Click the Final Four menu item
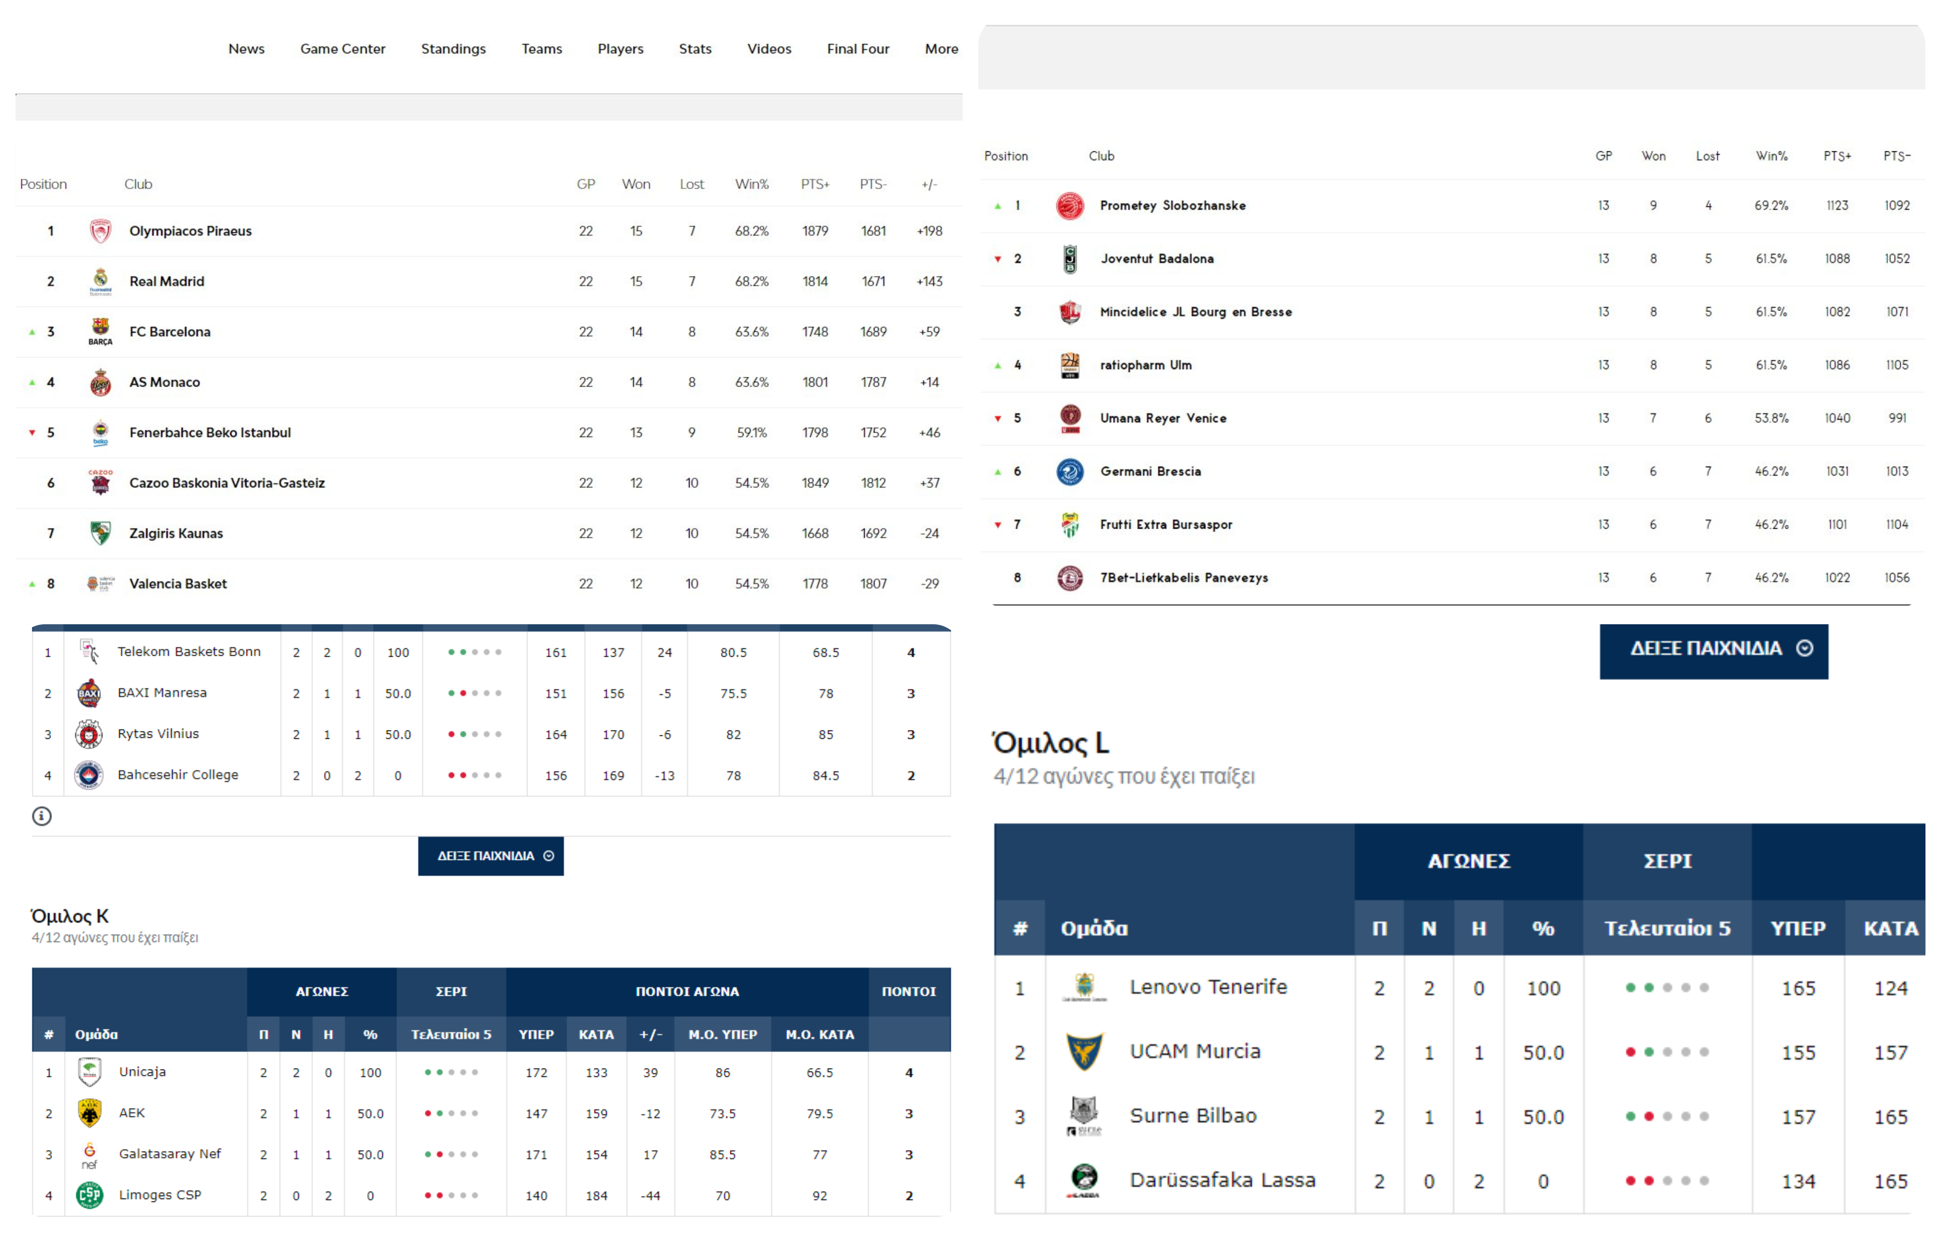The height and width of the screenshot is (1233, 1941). pyautogui.click(x=857, y=49)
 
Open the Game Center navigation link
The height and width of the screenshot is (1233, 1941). pyautogui.click(x=343, y=49)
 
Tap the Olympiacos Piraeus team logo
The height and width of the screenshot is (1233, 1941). pyautogui.click(x=100, y=231)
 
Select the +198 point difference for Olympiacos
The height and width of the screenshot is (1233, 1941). pyautogui.click(x=929, y=231)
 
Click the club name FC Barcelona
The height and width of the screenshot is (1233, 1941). pyautogui.click(x=169, y=332)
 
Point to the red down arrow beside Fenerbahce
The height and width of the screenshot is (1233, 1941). pyautogui.click(x=32, y=433)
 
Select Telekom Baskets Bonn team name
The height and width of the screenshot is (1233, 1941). pyautogui.click(x=189, y=652)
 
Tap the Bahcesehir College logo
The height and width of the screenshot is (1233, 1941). pyautogui.click(x=89, y=775)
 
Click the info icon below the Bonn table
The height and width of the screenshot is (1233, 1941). pyautogui.click(x=42, y=816)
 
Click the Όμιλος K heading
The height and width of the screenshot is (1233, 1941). pyautogui.click(x=69, y=916)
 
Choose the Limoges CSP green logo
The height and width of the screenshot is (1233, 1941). pyautogui.click(x=89, y=1195)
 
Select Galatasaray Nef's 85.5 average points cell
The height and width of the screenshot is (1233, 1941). pyautogui.click(x=722, y=1155)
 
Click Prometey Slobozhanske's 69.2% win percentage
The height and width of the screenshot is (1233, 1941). pyautogui.click(x=1771, y=206)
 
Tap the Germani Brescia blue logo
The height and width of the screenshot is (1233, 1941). pyautogui.click(x=1069, y=471)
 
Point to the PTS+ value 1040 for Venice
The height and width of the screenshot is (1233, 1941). pyautogui.click(x=1837, y=418)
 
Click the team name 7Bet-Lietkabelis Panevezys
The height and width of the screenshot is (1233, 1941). pyautogui.click(x=1184, y=578)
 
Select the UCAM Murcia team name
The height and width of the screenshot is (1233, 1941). pyautogui.click(x=1195, y=1052)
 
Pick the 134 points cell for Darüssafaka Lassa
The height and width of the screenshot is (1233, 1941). pyautogui.click(x=1797, y=1182)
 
